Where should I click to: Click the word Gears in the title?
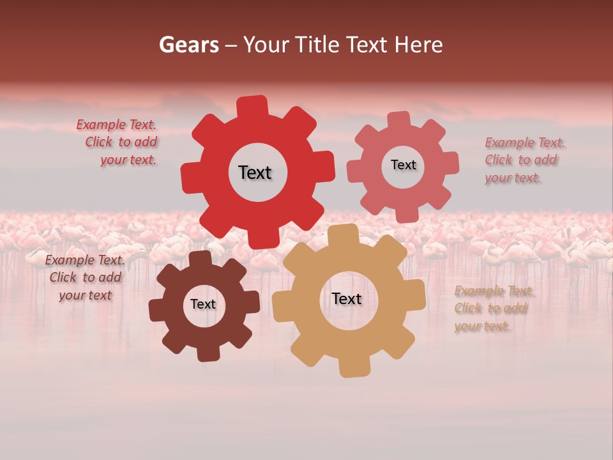click(x=188, y=45)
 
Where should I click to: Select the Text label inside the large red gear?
click(x=255, y=172)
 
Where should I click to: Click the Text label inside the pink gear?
click(x=403, y=165)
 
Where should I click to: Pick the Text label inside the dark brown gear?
click(x=202, y=304)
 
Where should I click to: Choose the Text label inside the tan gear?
click(x=346, y=298)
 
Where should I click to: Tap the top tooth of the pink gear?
click(x=399, y=120)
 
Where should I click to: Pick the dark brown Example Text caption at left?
click(x=85, y=277)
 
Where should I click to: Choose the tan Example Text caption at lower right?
click(x=493, y=309)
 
